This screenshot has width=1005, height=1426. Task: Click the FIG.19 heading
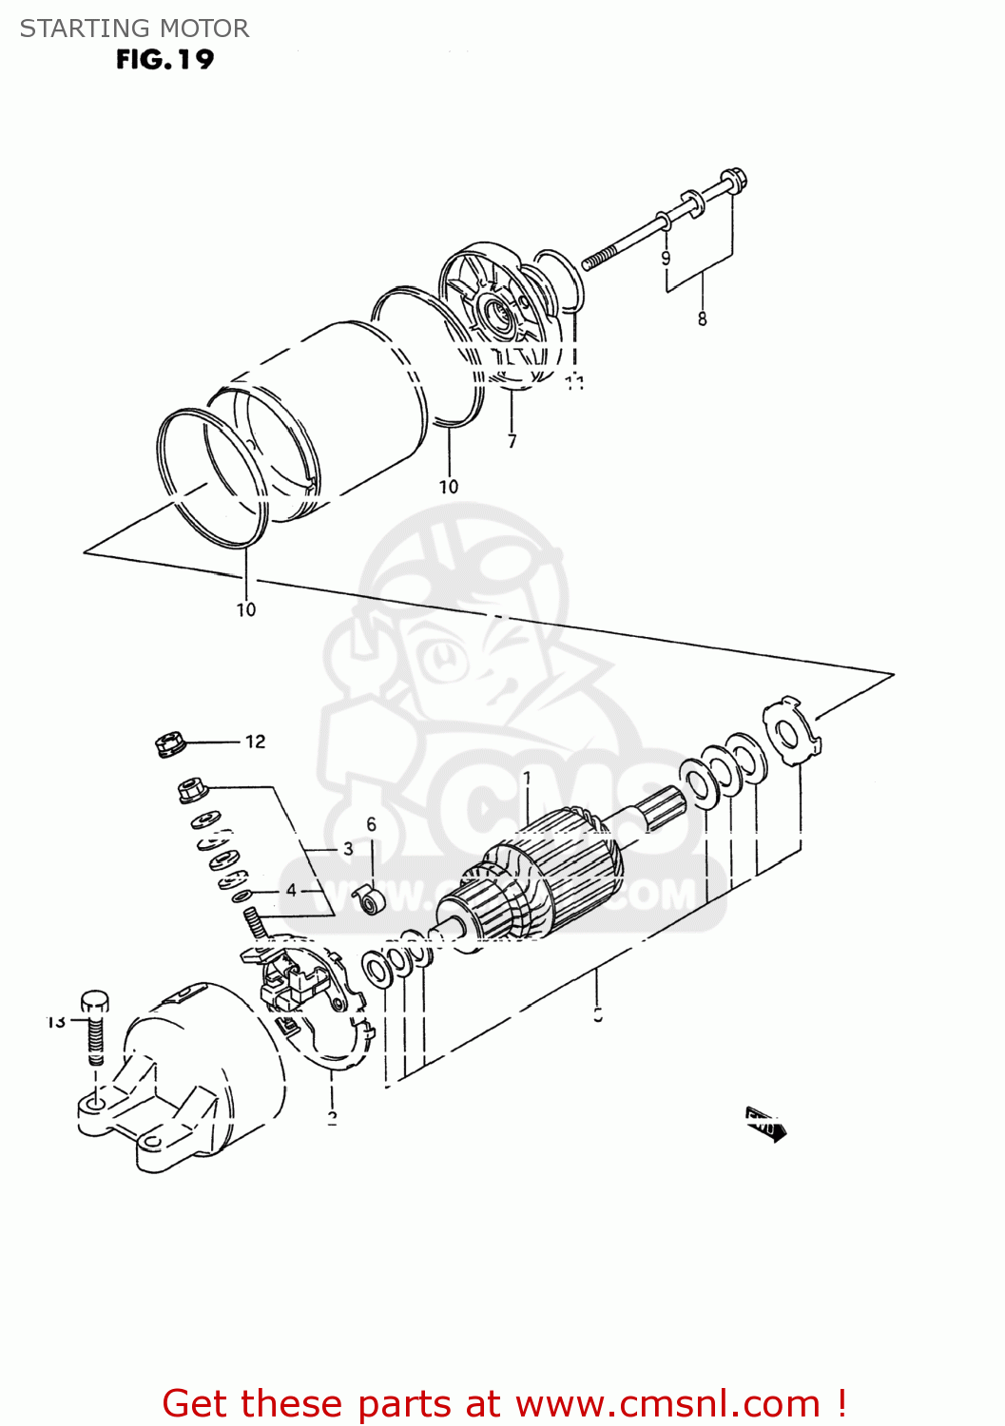coord(164,60)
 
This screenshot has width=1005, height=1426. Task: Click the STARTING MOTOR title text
coord(134,29)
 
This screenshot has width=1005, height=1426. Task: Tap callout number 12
coord(255,742)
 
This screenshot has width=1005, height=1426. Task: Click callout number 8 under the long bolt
coord(703,319)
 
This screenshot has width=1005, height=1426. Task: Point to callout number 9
coord(666,259)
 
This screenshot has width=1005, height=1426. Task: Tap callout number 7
coord(512,441)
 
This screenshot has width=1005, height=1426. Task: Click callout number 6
coord(372,824)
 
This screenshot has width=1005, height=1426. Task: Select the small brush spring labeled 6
coord(367,898)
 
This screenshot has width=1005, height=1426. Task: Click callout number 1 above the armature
coord(528,779)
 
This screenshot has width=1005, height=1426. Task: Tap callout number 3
coord(348,849)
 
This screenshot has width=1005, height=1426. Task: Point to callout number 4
coord(291,891)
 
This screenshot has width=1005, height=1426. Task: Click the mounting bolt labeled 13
coord(94,1027)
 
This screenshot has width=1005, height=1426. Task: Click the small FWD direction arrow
coord(764,1125)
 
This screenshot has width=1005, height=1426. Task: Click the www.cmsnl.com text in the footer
coord(667,1403)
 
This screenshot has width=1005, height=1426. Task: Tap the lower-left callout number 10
coord(246,610)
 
